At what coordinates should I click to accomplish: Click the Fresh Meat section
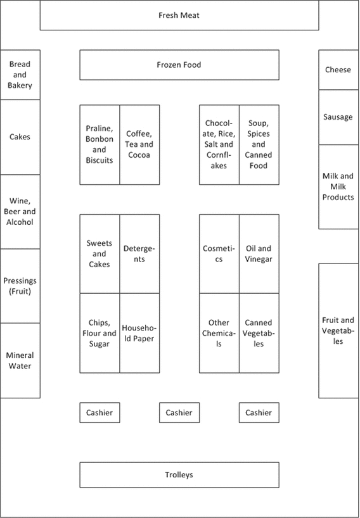coord(179,15)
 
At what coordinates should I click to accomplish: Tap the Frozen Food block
coord(179,65)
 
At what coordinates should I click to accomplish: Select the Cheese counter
coord(338,70)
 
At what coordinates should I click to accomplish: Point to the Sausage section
coord(338,117)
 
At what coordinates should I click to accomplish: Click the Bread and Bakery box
coord(20,75)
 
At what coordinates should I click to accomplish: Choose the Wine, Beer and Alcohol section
coord(20,212)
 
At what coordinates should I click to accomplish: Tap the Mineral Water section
coord(20,360)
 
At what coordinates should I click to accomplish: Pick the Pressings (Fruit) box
coord(20,286)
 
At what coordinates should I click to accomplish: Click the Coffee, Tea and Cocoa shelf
coord(139,144)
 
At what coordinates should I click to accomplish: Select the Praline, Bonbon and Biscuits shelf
coord(100,144)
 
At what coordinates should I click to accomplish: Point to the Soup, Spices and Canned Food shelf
coord(259,144)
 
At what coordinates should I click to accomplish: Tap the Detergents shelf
coord(139,254)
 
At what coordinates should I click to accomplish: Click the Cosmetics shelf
coord(219,254)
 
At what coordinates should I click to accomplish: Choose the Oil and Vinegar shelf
coord(259,254)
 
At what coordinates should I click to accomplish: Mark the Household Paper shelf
coord(139,333)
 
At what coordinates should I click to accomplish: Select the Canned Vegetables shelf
coord(259,333)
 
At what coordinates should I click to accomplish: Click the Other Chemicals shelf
coord(219,333)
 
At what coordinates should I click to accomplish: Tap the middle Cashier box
coord(179,413)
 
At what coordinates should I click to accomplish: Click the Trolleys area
coord(179,475)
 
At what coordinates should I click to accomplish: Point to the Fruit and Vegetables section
coord(338,331)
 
